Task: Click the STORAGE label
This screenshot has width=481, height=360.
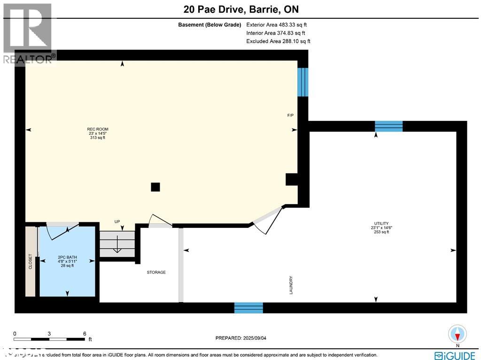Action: pos(156,272)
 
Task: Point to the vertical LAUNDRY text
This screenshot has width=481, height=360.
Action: pos(291,285)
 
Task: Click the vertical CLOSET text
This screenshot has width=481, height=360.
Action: pos(31,262)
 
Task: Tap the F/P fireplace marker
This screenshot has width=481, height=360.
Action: pos(291,116)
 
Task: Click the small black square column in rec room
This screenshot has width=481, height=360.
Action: pos(155,187)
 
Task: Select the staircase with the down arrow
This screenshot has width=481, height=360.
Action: pos(117,244)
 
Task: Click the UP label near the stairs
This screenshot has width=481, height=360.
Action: pos(117,221)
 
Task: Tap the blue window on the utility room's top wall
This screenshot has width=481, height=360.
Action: pos(388,126)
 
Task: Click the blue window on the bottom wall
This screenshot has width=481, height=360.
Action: pos(248,308)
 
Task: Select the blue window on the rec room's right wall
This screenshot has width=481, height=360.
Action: pos(303,82)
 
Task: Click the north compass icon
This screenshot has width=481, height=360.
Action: pos(457,334)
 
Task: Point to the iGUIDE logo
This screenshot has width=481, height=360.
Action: pos(454,355)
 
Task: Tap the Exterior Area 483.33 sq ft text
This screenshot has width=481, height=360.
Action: pos(277,25)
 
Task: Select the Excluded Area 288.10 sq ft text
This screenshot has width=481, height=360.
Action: pos(278,41)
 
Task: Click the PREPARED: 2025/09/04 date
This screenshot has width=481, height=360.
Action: pos(244,338)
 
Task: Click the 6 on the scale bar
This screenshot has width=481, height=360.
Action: pos(85,334)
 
